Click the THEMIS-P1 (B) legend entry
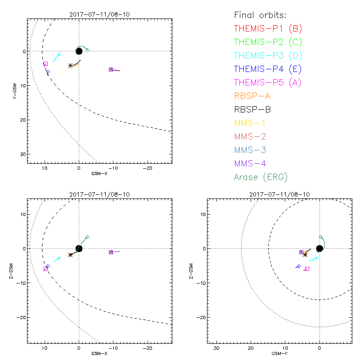tap(268, 29)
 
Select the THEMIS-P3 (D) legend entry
tap(268, 56)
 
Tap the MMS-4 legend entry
tap(255, 163)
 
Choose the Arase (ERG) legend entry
tap(261, 177)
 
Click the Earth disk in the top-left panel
tap(79, 51)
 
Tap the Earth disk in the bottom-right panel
tap(319, 248)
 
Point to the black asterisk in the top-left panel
tap(70, 65)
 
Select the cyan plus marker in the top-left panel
tap(59, 54)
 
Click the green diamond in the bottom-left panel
tap(87, 237)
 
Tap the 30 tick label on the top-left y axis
tap(22, 154)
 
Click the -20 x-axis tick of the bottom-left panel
tap(147, 349)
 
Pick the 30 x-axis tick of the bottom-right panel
tap(216, 349)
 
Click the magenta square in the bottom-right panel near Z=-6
tap(307, 269)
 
